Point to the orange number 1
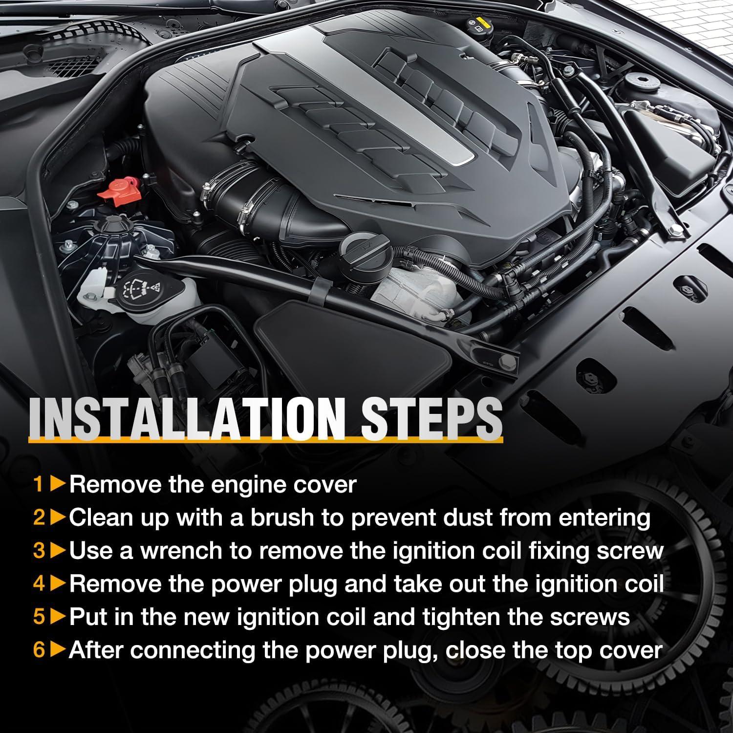[38, 485]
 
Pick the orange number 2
[39, 518]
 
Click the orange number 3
[39, 551]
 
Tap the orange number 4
[39, 584]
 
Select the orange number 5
[39, 618]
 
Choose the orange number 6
[39, 650]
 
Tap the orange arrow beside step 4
[58, 584]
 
